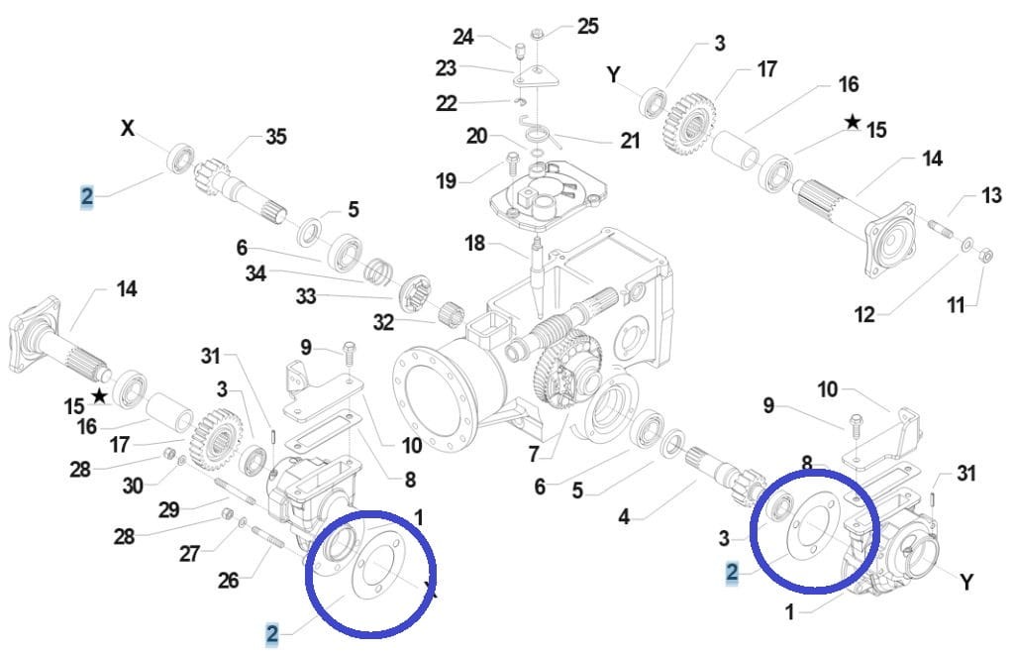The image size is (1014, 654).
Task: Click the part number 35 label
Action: [275, 137]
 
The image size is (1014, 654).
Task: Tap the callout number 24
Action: [464, 37]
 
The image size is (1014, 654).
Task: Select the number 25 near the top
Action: [587, 26]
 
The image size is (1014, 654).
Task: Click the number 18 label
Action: [475, 244]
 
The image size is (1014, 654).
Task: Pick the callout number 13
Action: [991, 196]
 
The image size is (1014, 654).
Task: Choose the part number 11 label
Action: [955, 305]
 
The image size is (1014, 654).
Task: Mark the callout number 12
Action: [864, 315]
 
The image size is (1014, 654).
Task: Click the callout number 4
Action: [624, 516]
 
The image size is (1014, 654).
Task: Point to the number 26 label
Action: [229, 581]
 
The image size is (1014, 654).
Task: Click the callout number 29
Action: [167, 509]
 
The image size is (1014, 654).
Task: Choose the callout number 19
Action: [446, 181]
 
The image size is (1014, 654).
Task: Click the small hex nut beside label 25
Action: [536, 34]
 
